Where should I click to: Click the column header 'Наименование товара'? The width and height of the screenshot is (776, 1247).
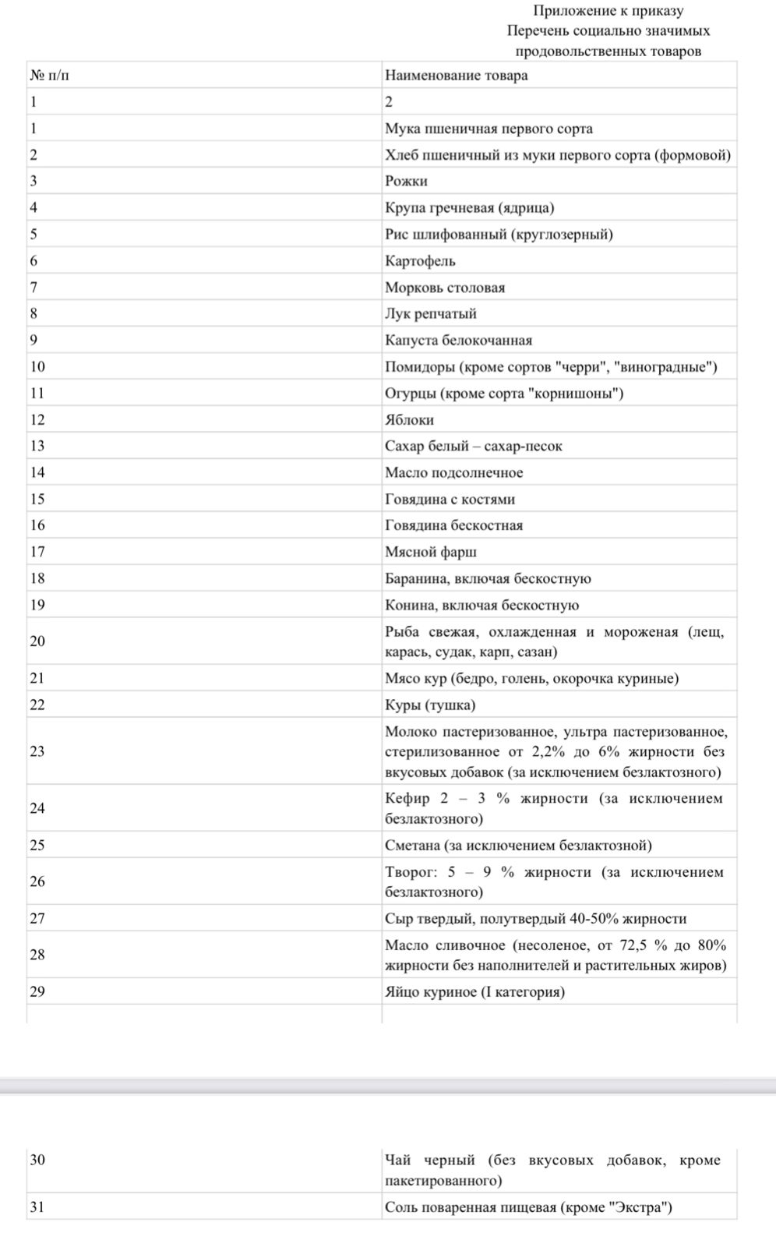click(x=456, y=76)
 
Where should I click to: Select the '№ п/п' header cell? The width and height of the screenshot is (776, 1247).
click(x=49, y=76)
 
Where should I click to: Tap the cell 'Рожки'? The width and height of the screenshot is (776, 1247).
click(x=406, y=181)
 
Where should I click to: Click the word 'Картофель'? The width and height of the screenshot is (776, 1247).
click(x=420, y=261)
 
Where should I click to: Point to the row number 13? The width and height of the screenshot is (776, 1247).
click(x=37, y=446)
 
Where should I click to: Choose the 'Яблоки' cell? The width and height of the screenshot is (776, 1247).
click(x=409, y=419)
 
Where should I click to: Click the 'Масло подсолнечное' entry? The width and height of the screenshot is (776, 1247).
click(x=453, y=472)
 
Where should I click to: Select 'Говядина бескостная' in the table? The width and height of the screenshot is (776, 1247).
click(x=453, y=525)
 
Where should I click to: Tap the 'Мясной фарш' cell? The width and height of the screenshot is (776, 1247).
click(x=430, y=552)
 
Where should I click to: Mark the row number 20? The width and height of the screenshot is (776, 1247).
click(x=37, y=641)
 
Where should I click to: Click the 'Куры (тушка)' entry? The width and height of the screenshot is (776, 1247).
click(x=429, y=705)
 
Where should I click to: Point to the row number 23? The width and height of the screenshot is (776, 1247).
click(x=37, y=751)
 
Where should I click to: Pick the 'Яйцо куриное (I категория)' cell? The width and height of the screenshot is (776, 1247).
click(x=474, y=992)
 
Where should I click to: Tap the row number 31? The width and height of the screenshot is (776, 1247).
click(x=37, y=1207)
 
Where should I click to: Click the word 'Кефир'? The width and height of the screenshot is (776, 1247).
click(x=407, y=798)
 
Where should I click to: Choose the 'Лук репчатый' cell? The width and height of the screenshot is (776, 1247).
click(x=430, y=313)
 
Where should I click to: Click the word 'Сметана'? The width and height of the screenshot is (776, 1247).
click(x=412, y=846)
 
